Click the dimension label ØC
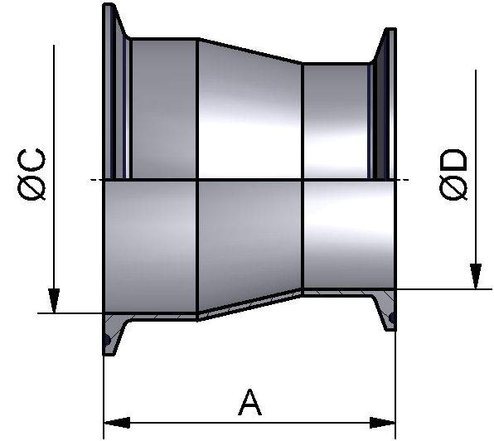click(31, 174)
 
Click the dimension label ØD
click(453, 174)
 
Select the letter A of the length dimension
click(249, 402)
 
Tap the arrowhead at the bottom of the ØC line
click(54, 301)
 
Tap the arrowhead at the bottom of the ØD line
click(476, 276)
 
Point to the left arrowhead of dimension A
click(117, 423)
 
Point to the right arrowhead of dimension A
click(382, 423)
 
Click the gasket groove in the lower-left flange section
click(107, 340)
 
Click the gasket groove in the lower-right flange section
click(392, 317)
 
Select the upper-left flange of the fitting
click(114, 91)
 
